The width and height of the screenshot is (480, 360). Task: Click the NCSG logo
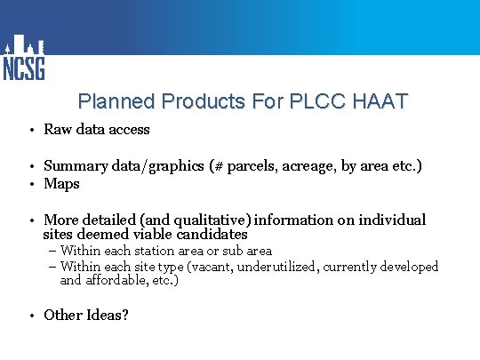click(23, 59)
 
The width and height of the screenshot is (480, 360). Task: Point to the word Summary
click(72, 166)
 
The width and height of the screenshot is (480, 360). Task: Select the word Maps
click(61, 184)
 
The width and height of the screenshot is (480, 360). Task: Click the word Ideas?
click(107, 315)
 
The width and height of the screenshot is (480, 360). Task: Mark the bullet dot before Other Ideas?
click(31, 316)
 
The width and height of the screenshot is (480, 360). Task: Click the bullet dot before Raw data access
click(31, 131)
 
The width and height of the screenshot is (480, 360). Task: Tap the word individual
click(393, 220)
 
